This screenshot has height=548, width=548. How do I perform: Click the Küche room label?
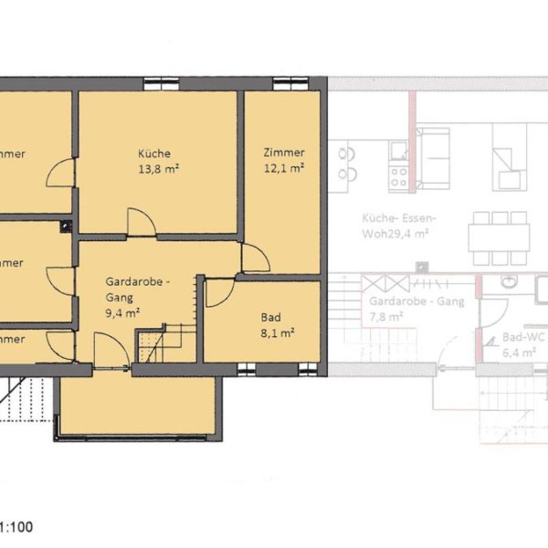pyautogui.click(x=154, y=153)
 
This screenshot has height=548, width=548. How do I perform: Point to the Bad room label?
pyautogui.click(x=270, y=318)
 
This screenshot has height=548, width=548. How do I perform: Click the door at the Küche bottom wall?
pyautogui.click(x=141, y=222)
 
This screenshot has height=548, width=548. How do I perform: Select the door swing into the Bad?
pyautogui.click(x=218, y=292)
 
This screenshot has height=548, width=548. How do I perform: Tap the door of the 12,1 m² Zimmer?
pyautogui.click(x=254, y=259)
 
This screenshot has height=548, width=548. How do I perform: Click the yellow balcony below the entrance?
pyautogui.click(x=137, y=406)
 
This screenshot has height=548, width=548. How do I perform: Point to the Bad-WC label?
pyautogui.click(x=523, y=336)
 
